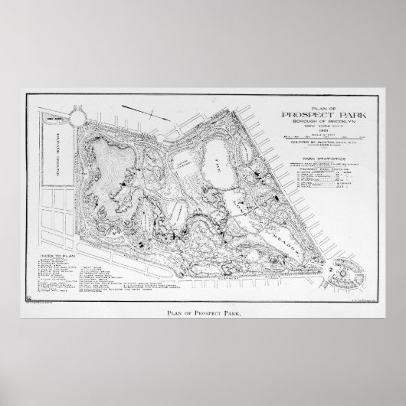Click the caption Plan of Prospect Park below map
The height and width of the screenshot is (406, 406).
(x=203, y=312)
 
